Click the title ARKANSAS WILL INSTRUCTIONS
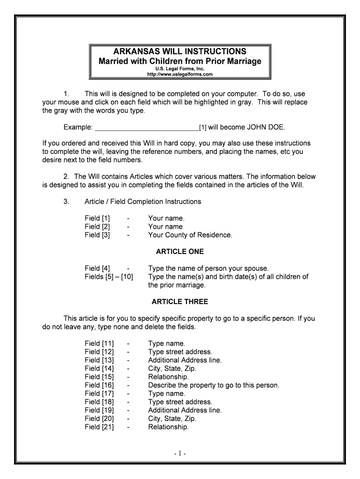click(x=180, y=51)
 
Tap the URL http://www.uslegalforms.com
click(x=180, y=74)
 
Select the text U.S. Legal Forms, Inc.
click(x=180, y=68)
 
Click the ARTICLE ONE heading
click(x=180, y=252)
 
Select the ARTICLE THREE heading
click(x=180, y=302)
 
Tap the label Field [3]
click(x=97, y=235)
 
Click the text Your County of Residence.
click(x=190, y=235)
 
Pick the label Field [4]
click(x=97, y=269)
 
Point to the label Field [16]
click(x=99, y=385)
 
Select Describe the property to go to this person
click(x=213, y=385)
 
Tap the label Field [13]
click(x=99, y=360)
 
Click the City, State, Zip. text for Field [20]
click(x=172, y=419)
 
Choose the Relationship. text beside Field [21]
click(x=168, y=427)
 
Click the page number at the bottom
click(x=180, y=453)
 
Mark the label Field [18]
click(x=99, y=402)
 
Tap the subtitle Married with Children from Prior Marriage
click(x=180, y=61)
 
